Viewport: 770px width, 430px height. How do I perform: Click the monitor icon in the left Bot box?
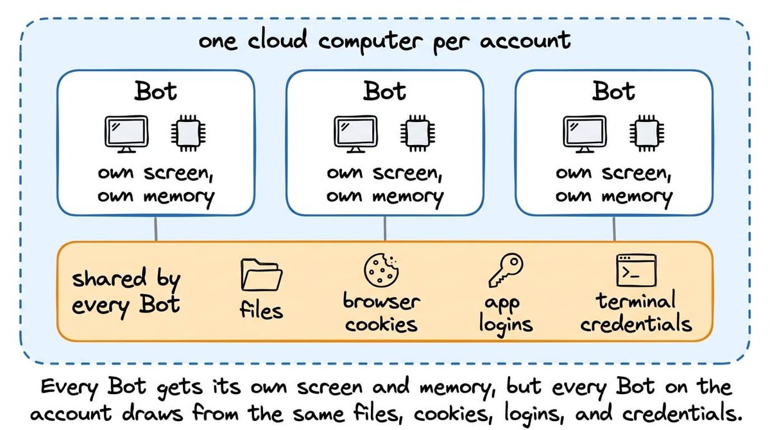[x=126, y=134]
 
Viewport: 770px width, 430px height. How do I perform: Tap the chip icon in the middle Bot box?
[x=418, y=133]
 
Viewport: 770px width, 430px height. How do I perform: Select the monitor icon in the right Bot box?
[x=585, y=134]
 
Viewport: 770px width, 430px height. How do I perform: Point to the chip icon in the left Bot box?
[x=189, y=133]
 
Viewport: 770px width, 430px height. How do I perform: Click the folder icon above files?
[x=262, y=275]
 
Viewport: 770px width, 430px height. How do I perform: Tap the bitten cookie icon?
[x=381, y=270]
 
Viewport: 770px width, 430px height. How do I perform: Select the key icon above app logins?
[x=506, y=270]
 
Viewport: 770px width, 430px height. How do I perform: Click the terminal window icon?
[x=637, y=270]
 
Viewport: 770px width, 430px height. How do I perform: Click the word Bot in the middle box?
[x=384, y=91]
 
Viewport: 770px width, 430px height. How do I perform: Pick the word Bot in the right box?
[x=613, y=91]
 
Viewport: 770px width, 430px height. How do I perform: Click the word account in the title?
[x=526, y=40]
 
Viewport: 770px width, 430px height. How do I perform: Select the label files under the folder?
[x=261, y=309]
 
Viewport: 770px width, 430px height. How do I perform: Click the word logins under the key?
[x=506, y=325]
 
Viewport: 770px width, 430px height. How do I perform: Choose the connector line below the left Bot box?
[x=156, y=228]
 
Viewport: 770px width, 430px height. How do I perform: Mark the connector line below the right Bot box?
[x=614, y=228]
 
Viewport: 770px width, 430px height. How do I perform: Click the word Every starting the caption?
[x=69, y=388]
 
